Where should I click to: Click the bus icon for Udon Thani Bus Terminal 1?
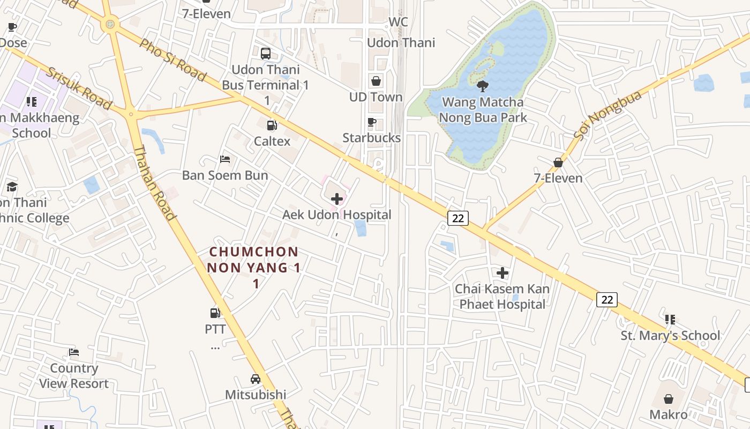(x=266, y=54)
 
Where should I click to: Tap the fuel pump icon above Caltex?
(x=272, y=125)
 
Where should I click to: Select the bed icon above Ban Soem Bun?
(x=225, y=159)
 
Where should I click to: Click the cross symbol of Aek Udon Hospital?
(x=337, y=199)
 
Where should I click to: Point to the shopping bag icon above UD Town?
(x=376, y=81)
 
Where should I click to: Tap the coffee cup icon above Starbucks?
(x=372, y=122)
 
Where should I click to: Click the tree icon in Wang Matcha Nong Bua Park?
(x=483, y=86)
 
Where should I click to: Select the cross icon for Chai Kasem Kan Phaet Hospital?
(x=502, y=273)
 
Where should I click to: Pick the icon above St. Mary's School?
(x=670, y=320)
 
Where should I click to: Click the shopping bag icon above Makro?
(x=669, y=399)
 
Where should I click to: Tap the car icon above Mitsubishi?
(x=256, y=379)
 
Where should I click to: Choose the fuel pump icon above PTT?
(x=215, y=313)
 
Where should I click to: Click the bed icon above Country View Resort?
(x=74, y=352)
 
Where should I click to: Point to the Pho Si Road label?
(x=172, y=60)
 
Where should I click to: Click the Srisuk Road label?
(x=78, y=88)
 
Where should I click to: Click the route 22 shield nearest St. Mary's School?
(x=607, y=299)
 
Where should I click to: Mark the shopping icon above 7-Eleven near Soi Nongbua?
(x=558, y=162)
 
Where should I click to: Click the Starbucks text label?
(x=372, y=138)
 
